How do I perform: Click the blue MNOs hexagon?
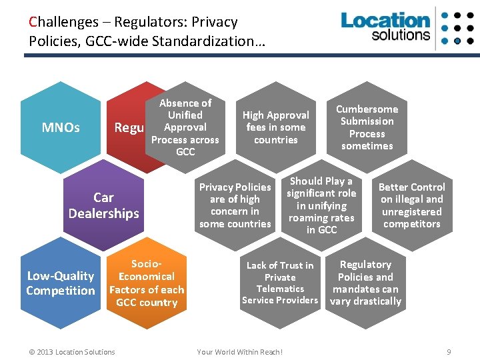point(61,127)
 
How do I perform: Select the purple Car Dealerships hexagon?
point(103,205)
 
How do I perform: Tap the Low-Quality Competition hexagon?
point(61,283)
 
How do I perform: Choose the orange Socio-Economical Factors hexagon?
point(147,283)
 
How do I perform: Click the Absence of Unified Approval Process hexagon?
point(185,127)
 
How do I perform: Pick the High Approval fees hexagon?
point(275,127)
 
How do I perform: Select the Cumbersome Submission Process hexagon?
point(367,127)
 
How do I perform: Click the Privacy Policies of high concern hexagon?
point(235,205)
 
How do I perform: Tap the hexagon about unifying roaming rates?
point(321,205)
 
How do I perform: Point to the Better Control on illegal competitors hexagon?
point(411,205)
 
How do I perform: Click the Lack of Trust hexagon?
point(280,283)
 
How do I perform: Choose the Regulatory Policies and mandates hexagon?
point(365,283)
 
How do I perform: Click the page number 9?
point(449,351)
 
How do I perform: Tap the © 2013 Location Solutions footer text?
point(73,352)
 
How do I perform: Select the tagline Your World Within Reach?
point(239,352)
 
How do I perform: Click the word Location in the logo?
point(385,20)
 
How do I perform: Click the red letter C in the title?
point(33,22)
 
